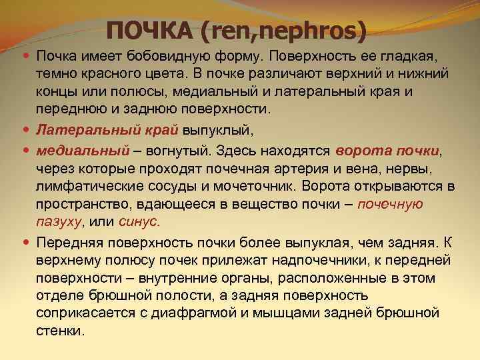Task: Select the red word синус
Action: pos(141,221)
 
